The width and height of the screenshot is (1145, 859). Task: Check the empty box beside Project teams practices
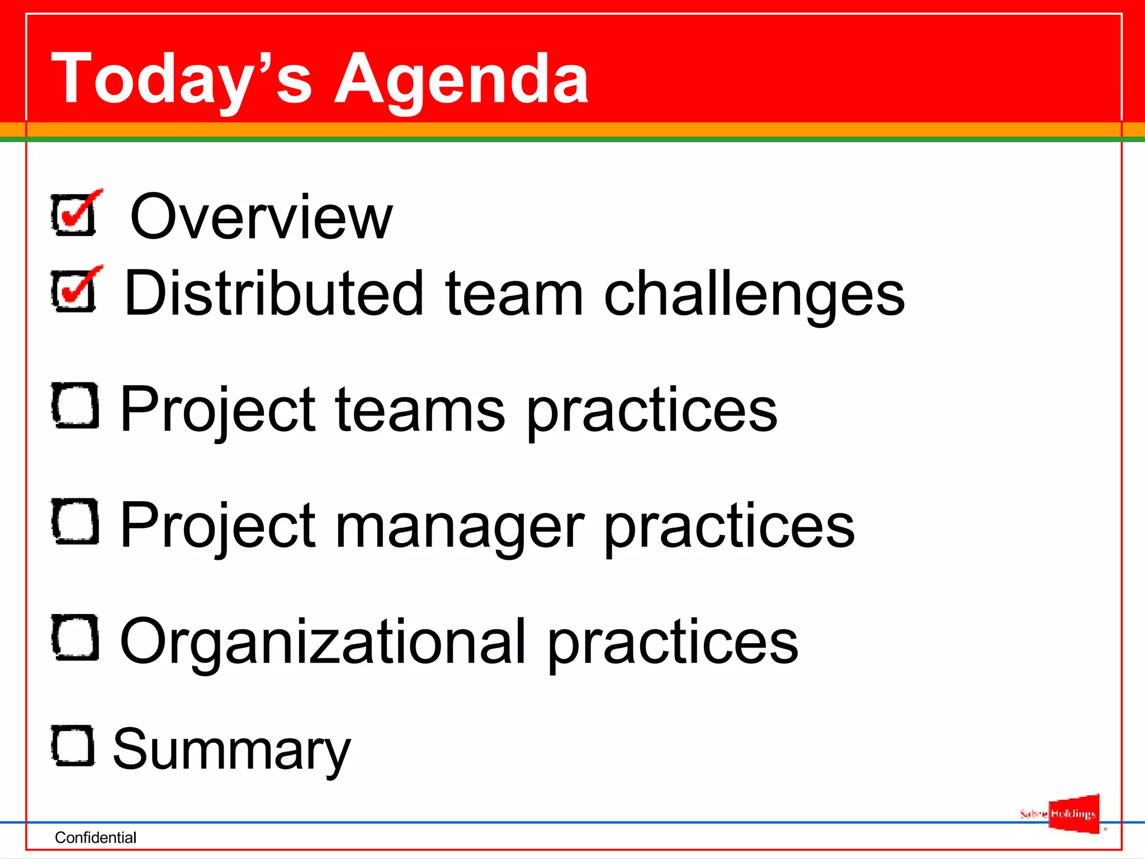[75, 405]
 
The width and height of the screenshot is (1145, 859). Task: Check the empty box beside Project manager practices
[75, 521]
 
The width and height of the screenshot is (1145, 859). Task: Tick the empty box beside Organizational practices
[75, 637]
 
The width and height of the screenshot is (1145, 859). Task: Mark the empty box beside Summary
[73, 745]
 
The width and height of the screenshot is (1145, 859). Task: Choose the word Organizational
[323, 643]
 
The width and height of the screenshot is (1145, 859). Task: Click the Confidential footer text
[96, 837]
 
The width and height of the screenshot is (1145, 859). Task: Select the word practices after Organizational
[673, 643]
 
